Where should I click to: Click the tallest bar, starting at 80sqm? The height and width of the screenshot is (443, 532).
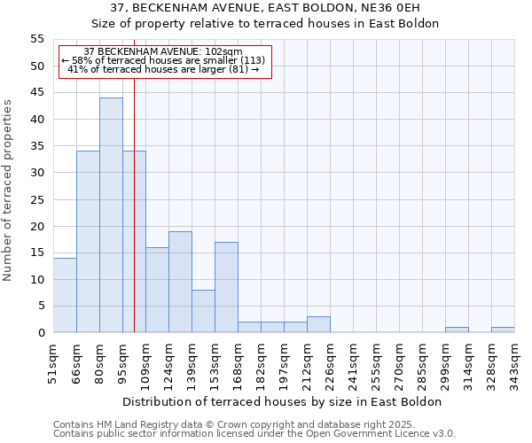point(111,215)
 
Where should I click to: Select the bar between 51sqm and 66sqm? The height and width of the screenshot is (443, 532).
point(65,295)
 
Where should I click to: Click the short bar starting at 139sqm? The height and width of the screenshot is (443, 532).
point(203,311)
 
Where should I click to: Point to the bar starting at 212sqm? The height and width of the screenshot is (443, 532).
point(318,324)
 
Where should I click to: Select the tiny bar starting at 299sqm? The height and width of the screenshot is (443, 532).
point(457,330)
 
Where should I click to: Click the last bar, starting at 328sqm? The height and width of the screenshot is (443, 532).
point(503,330)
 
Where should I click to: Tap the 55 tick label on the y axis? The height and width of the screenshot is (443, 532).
point(36,39)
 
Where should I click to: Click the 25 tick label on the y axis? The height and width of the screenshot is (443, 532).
point(36,199)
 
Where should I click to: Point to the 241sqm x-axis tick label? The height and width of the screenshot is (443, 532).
point(353,361)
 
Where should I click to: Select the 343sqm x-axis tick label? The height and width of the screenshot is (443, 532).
point(514,361)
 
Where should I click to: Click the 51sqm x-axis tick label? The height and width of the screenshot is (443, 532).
point(53,361)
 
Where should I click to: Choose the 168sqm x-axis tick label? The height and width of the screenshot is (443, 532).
point(238,361)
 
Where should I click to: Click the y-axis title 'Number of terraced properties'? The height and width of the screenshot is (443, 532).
point(8,190)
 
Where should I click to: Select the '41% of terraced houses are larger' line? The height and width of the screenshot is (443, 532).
point(163,69)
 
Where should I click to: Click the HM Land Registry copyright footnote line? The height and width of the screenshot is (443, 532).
point(234,424)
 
